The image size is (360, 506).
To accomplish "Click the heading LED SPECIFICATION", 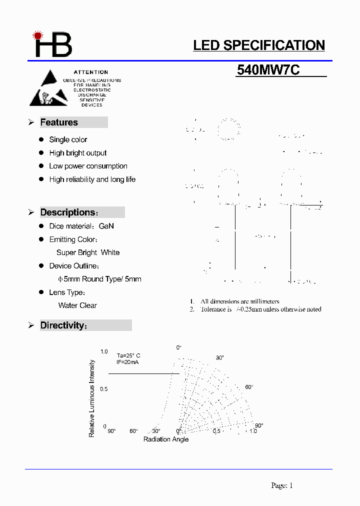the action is pyautogui.click(x=259, y=45).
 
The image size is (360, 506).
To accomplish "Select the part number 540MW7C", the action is pyautogui.click(x=268, y=70).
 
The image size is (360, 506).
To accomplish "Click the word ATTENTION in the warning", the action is pyautogui.click(x=91, y=72).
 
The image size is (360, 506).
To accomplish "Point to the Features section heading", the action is pyautogui.click(x=59, y=122).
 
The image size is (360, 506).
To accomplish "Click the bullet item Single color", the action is pyautogui.click(x=68, y=139).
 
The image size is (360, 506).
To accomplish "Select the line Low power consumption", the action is pyautogui.click(x=88, y=166).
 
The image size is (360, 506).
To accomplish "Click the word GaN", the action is pyautogui.click(x=106, y=226).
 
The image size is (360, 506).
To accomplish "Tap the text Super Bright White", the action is pyautogui.click(x=88, y=252).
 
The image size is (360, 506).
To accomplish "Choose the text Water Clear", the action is pyautogui.click(x=77, y=305).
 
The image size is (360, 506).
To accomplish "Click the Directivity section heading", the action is pyautogui.click(x=64, y=325).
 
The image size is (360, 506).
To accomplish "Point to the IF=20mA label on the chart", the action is pyautogui.click(x=127, y=361).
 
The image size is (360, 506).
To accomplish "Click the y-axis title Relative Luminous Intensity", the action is pyautogui.click(x=92, y=398).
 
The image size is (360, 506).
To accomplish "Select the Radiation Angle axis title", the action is pyautogui.click(x=166, y=439).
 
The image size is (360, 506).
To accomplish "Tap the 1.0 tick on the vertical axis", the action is pyautogui.click(x=104, y=352).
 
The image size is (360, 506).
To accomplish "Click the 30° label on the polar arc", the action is pyautogui.click(x=220, y=357).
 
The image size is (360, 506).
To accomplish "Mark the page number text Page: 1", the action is pyautogui.click(x=282, y=485).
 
